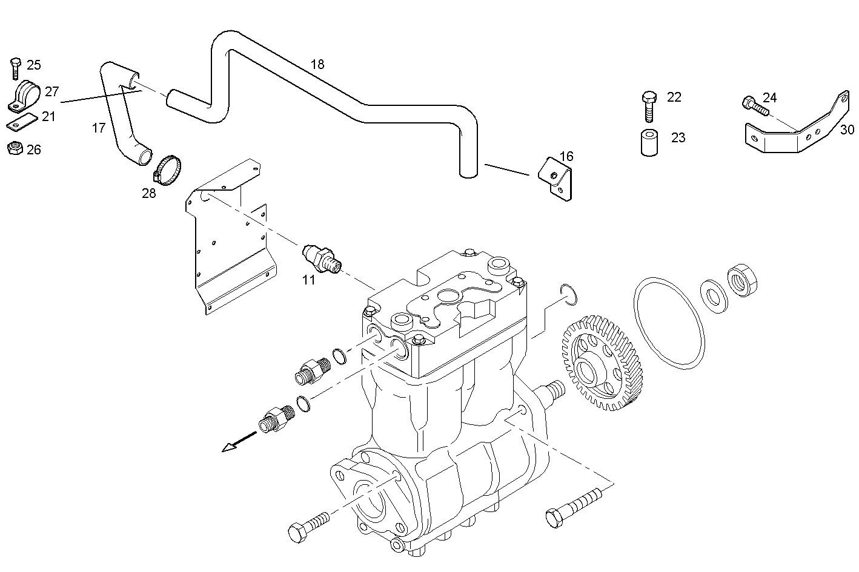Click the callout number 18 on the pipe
pos(317,64)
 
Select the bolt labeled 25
pos(16,68)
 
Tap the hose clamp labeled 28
pos(168,169)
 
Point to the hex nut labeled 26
pos(15,148)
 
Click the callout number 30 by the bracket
pos(847,130)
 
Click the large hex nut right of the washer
pos(743,280)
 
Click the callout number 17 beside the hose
pos(99,128)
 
